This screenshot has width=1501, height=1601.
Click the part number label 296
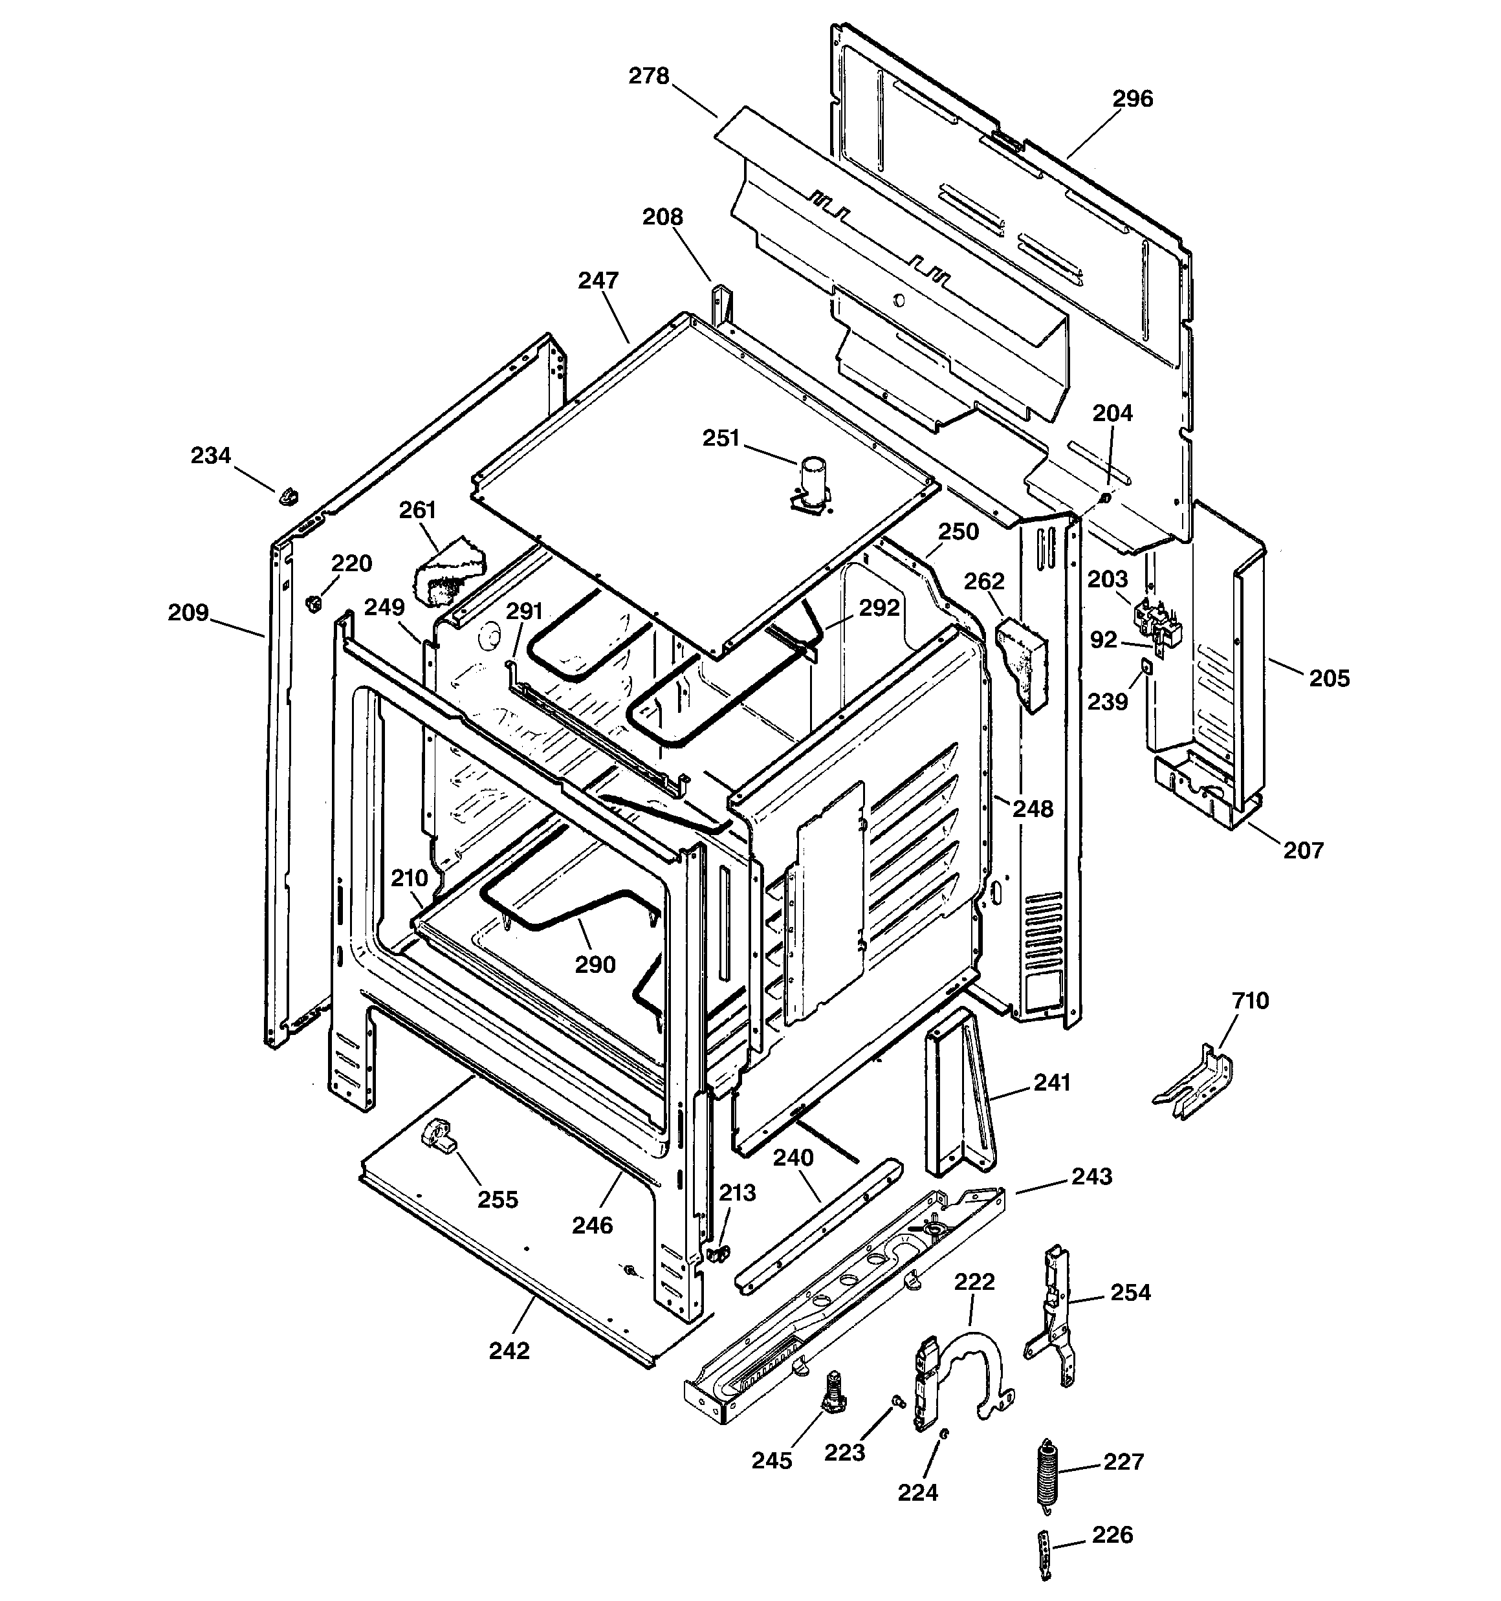pyautogui.click(x=1132, y=99)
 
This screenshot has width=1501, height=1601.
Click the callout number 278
pyautogui.click(x=648, y=76)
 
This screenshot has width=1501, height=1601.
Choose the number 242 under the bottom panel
pyautogui.click(x=509, y=1351)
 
